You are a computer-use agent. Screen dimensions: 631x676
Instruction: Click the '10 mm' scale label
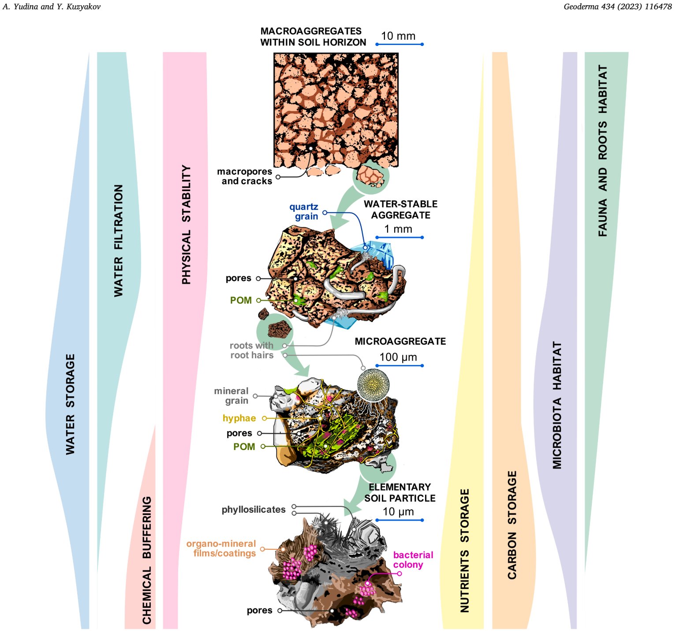398,36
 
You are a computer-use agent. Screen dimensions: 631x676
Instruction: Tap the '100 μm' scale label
398,357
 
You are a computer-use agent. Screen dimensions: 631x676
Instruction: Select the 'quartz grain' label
304,211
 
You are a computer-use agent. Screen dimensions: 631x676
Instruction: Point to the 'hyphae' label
239,418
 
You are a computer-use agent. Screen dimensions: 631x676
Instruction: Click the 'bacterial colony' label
413,560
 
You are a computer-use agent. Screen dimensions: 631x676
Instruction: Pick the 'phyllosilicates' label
254,510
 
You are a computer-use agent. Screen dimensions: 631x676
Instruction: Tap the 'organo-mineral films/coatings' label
221,548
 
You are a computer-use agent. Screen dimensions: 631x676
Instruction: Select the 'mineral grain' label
232,396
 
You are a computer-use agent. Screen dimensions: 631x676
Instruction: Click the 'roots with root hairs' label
252,350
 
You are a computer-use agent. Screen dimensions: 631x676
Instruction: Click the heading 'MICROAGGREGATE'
400,341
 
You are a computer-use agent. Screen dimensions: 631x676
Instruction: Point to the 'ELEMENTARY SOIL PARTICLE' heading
400,492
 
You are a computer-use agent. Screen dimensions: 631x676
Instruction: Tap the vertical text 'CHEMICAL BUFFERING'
147,560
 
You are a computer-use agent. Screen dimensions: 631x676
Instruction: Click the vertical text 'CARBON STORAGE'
512,525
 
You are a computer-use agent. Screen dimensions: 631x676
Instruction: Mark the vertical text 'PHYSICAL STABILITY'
187,225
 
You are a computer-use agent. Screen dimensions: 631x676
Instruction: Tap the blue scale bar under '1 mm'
400,237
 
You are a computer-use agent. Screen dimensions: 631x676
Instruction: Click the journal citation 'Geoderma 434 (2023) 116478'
617,7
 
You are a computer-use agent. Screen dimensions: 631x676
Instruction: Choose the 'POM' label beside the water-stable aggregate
241,300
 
